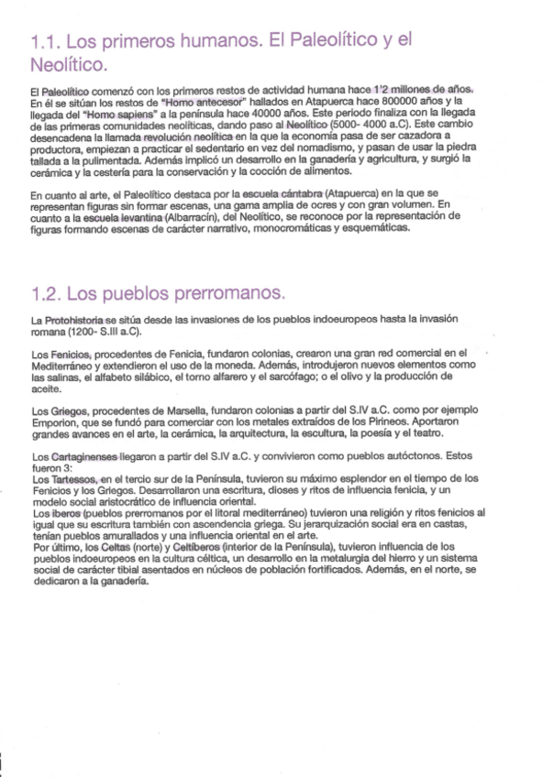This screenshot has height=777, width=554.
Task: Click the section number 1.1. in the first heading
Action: point(46,42)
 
